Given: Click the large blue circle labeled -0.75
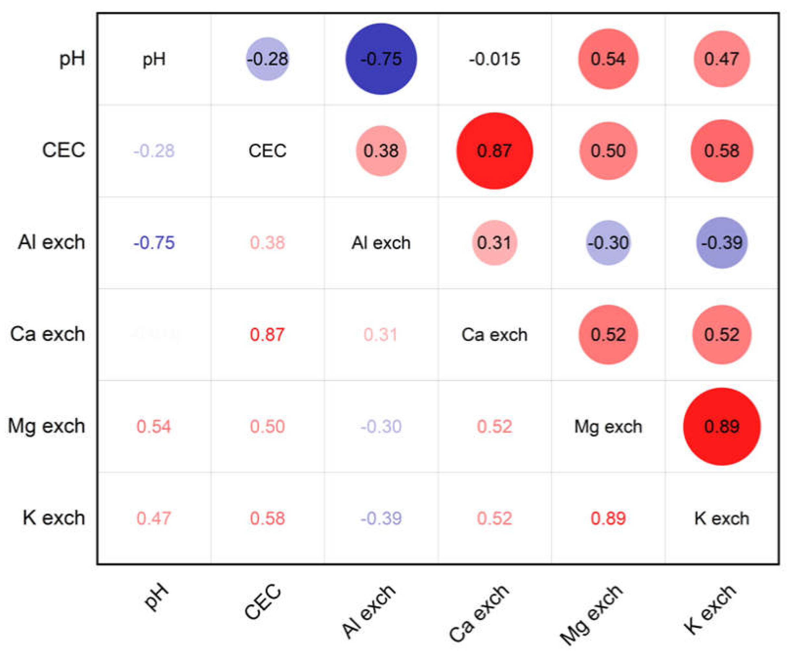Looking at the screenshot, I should (x=381, y=59).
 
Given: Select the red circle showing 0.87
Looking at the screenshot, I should (x=494, y=151).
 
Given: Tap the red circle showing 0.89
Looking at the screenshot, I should (x=722, y=426).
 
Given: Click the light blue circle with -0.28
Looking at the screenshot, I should (x=267, y=59).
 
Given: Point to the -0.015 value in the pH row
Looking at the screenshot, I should (x=494, y=59).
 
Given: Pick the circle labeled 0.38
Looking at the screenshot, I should (x=381, y=151).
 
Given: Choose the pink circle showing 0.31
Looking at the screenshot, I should (x=494, y=243).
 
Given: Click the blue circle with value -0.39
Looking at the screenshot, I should (x=722, y=243).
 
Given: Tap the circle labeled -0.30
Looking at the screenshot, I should (x=608, y=243).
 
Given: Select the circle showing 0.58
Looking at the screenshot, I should (x=722, y=151).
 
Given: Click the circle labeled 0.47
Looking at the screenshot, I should (x=722, y=59).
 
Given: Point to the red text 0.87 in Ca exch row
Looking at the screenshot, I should (x=267, y=335).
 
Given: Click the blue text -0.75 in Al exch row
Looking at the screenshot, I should (x=154, y=243).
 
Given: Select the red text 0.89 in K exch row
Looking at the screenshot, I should (x=608, y=519).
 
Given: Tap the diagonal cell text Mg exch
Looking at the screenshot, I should (x=608, y=427).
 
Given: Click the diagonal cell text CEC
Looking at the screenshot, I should (x=267, y=151).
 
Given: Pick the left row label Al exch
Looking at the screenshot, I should (x=52, y=242).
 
